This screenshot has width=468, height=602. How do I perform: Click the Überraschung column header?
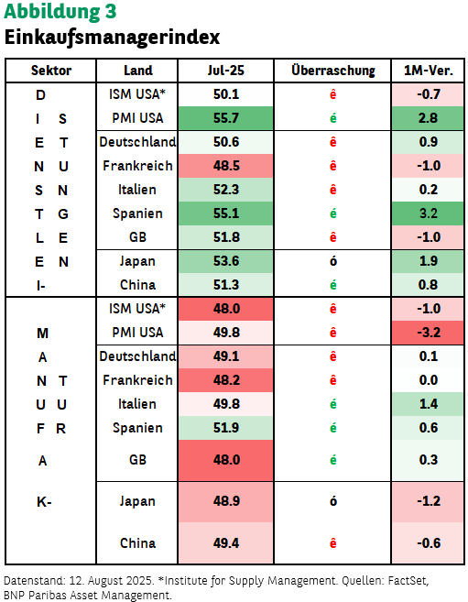[x=333, y=71]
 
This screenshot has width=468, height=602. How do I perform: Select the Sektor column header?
[x=51, y=71]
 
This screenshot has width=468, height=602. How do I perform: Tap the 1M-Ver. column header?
[x=428, y=71]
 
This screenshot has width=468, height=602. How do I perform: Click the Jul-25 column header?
[x=225, y=71]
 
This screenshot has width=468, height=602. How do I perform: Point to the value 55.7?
[x=226, y=118]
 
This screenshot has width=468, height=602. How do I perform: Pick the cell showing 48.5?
[x=226, y=166]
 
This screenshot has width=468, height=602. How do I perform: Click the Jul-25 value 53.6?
[x=226, y=261]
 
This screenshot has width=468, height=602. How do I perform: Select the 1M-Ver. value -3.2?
[x=428, y=333]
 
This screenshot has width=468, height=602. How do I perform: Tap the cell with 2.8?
[x=428, y=118]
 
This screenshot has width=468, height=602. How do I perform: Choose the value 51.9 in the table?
[x=226, y=428]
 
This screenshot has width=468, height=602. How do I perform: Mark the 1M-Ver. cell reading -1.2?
[x=428, y=501]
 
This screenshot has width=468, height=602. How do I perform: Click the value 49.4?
[x=226, y=543]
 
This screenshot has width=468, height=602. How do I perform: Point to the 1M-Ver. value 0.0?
[x=428, y=380]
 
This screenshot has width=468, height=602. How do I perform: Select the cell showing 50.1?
[x=226, y=94]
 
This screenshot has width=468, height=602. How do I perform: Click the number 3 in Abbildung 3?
[x=110, y=11]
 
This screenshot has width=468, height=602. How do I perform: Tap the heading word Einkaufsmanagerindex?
[x=112, y=38]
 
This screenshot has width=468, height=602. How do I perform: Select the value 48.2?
[x=226, y=380]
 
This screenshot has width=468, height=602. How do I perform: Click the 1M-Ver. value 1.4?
[x=428, y=404]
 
